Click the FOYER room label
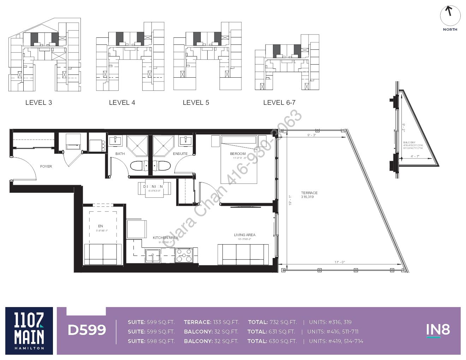[46, 166]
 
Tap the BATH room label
[120, 154]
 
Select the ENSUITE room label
[180, 154]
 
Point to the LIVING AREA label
[244, 235]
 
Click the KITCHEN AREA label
[165, 238]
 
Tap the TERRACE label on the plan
[309, 193]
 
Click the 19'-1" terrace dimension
[289, 201]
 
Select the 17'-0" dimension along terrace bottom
[340, 262]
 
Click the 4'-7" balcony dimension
[414, 156]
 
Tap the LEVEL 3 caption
[38, 103]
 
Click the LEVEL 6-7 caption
[279, 103]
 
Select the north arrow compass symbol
[450, 16]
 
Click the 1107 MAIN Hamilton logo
[29, 331]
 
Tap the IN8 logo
[438, 330]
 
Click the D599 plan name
[87, 330]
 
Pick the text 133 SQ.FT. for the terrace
[226, 322]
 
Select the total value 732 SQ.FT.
[283, 322]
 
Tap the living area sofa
[243, 254]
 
